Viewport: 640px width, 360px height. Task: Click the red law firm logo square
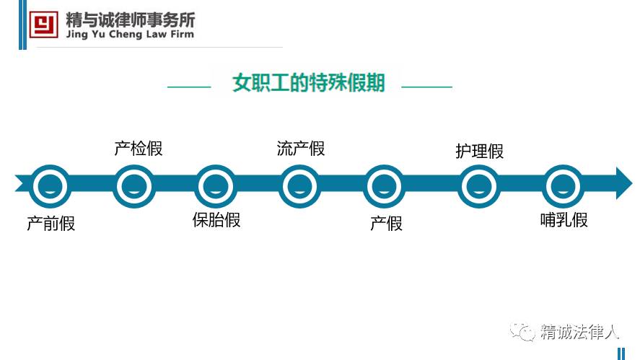[x=44, y=24]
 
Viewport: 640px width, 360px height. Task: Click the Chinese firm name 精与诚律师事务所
[x=130, y=18]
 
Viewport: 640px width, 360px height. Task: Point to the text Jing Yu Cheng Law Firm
[x=130, y=34]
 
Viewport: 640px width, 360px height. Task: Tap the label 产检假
[x=139, y=149]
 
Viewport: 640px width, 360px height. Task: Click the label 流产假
[x=301, y=149]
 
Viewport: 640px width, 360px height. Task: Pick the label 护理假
[x=479, y=151]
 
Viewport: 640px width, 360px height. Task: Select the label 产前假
[x=51, y=223]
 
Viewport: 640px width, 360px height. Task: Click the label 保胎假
[x=216, y=219]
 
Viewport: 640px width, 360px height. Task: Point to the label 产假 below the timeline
[x=386, y=223]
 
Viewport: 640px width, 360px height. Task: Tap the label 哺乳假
[x=564, y=220]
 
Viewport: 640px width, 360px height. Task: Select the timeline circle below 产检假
[x=135, y=186]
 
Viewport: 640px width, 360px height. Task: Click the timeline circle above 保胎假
[x=216, y=186]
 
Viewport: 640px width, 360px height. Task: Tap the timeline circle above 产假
[x=386, y=186]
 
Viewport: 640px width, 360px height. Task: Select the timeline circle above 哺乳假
[x=563, y=186]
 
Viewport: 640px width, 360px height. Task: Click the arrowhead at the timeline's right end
[x=622, y=183]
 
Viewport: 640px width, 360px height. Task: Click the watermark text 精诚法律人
[x=580, y=332]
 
